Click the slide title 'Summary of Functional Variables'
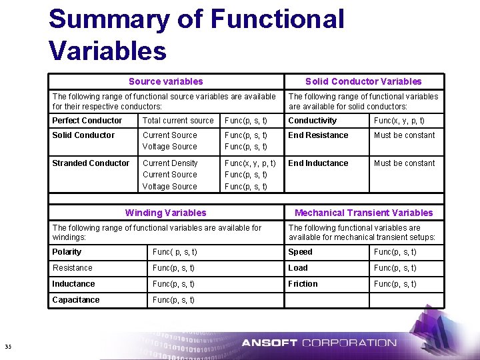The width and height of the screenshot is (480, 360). [196, 34]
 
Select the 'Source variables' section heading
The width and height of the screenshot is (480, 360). [165, 81]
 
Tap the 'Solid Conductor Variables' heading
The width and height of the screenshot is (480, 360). [363, 81]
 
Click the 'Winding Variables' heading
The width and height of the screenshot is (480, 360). [165, 213]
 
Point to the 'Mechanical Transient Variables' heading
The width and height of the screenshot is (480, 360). [363, 213]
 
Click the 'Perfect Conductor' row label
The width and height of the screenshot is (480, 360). [87, 121]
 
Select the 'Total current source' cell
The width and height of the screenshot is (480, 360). [178, 121]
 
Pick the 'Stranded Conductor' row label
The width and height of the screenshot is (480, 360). [91, 163]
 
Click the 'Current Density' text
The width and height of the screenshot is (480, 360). [170, 163]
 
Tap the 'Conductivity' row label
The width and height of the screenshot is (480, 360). [312, 121]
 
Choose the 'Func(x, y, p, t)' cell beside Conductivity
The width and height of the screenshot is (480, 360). [399, 121]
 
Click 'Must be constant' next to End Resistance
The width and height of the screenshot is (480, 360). [404, 135]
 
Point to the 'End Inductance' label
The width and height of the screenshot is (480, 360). [318, 163]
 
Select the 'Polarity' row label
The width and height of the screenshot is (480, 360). [67, 252]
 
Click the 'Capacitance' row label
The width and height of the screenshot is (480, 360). [76, 300]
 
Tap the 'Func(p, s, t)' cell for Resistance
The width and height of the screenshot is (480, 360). [174, 268]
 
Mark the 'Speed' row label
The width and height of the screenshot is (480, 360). [300, 252]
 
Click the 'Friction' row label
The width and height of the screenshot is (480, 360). [303, 284]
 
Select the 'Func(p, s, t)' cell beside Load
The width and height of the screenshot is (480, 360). [395, 268]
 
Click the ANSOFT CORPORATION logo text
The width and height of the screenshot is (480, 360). [319, 343]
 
